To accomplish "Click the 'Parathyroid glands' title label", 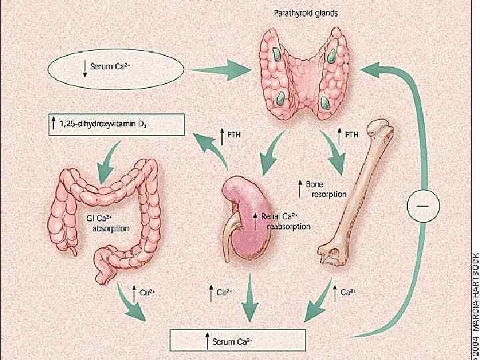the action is tap(307, 13).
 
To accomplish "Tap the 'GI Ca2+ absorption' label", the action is tap(111, 223).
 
